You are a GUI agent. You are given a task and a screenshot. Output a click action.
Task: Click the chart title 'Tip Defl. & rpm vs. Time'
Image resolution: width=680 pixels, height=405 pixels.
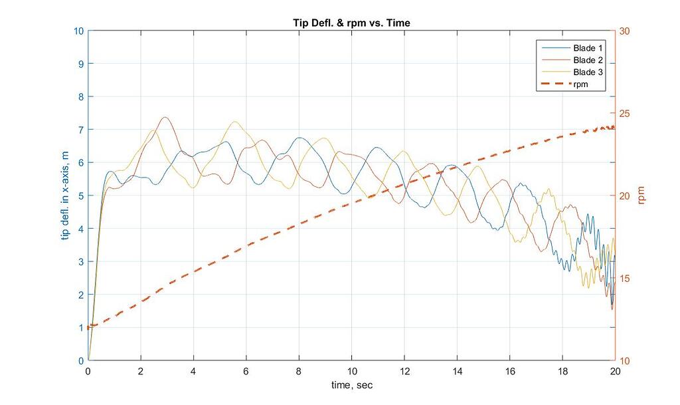352,23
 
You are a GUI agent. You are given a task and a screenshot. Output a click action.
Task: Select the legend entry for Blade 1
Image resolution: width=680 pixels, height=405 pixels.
588,49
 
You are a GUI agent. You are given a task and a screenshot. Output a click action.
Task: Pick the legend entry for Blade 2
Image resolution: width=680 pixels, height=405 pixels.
588,61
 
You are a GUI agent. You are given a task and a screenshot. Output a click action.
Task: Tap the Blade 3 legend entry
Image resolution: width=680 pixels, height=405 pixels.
588,72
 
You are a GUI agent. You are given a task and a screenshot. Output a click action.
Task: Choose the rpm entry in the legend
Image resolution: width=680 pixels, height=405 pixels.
581,84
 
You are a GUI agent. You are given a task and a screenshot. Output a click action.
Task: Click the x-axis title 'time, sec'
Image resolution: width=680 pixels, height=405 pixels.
352,385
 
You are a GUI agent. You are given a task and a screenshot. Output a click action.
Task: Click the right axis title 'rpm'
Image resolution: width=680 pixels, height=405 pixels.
641,196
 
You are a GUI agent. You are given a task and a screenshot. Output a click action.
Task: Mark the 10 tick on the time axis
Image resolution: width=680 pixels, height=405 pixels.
352,371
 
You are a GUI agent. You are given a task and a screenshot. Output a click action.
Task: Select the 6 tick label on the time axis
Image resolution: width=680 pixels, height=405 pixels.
246,371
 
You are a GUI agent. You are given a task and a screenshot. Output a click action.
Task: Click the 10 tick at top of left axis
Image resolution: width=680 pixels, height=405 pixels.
78,31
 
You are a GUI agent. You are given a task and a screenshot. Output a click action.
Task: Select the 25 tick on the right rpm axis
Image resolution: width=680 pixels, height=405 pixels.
626,113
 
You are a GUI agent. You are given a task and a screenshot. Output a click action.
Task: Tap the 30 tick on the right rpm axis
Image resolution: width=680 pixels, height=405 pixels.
626,31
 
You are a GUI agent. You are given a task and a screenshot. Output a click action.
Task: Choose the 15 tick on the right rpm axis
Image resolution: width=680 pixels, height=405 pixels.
626,278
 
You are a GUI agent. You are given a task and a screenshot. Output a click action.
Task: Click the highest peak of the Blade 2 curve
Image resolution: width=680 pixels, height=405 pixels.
165,118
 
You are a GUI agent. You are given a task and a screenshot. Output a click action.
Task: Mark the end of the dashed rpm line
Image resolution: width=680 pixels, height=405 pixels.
615,127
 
